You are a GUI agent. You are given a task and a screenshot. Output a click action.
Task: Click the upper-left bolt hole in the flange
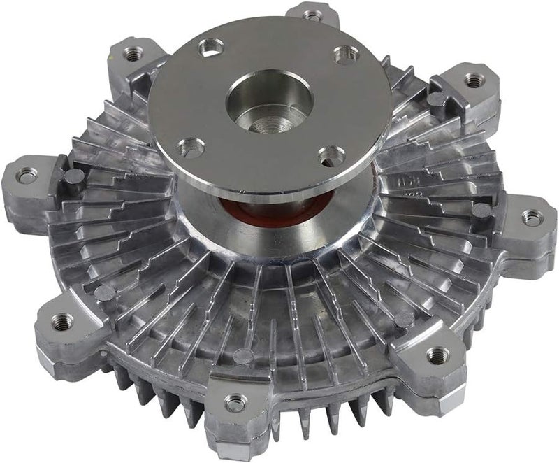click(x=210, y=48)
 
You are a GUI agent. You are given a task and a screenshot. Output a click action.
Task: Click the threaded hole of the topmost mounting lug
click(x=312, y=13)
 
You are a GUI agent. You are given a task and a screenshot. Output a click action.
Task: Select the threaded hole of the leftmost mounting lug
click(x=28, y=176)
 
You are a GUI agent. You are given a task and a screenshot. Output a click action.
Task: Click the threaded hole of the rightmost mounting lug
click(x=532, y=218)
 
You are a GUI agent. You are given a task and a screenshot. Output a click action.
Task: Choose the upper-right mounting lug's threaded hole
click(x=474, y=81)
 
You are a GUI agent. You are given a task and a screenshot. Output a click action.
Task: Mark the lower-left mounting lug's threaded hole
click(x=62, y=321)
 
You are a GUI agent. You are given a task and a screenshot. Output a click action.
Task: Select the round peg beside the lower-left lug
click(x=104, y=292)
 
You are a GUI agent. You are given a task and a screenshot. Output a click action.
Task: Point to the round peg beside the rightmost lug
click(x=480, y=210)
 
